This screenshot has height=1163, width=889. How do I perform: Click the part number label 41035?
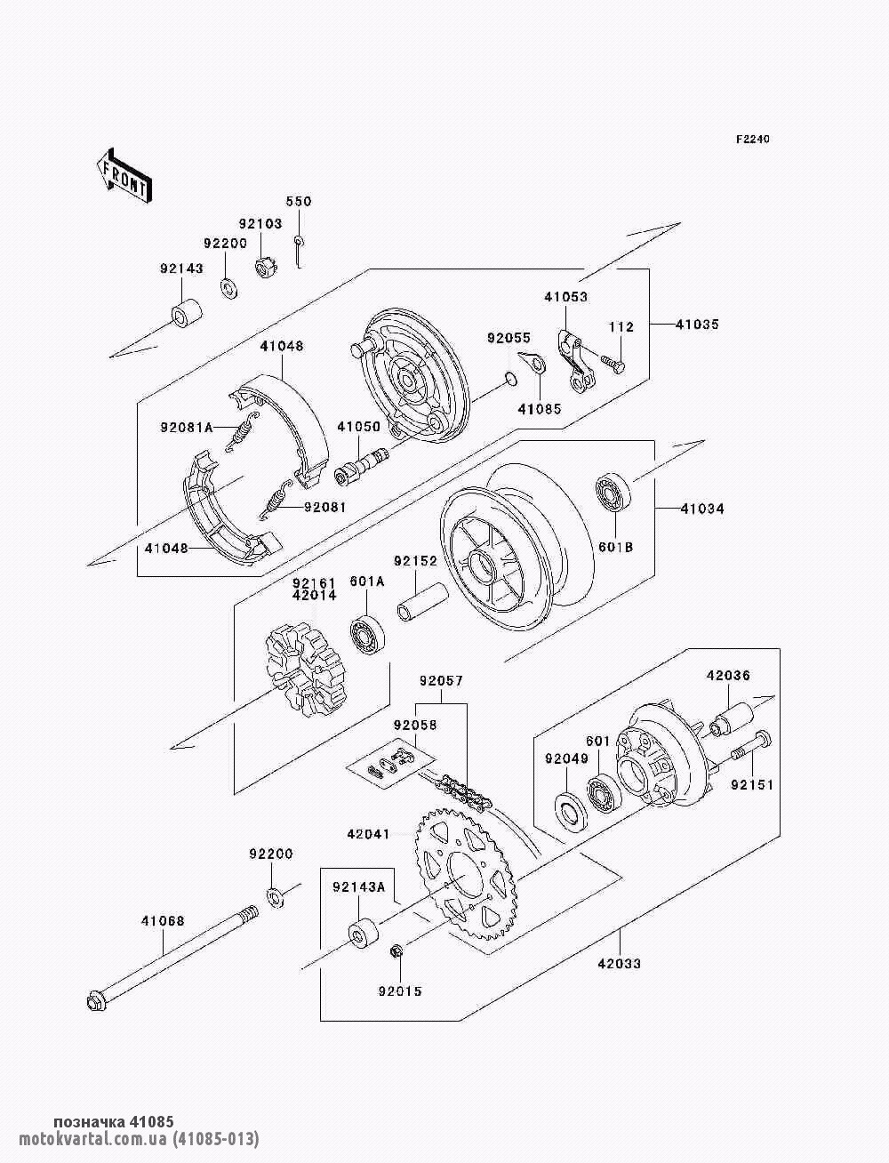click(697, 325)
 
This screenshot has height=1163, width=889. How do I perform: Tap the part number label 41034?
click(701, 509)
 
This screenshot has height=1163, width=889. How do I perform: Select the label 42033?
click(619, 964)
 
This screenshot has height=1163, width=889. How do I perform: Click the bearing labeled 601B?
click(613, 493)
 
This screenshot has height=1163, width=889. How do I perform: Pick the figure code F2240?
click(752, 140)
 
